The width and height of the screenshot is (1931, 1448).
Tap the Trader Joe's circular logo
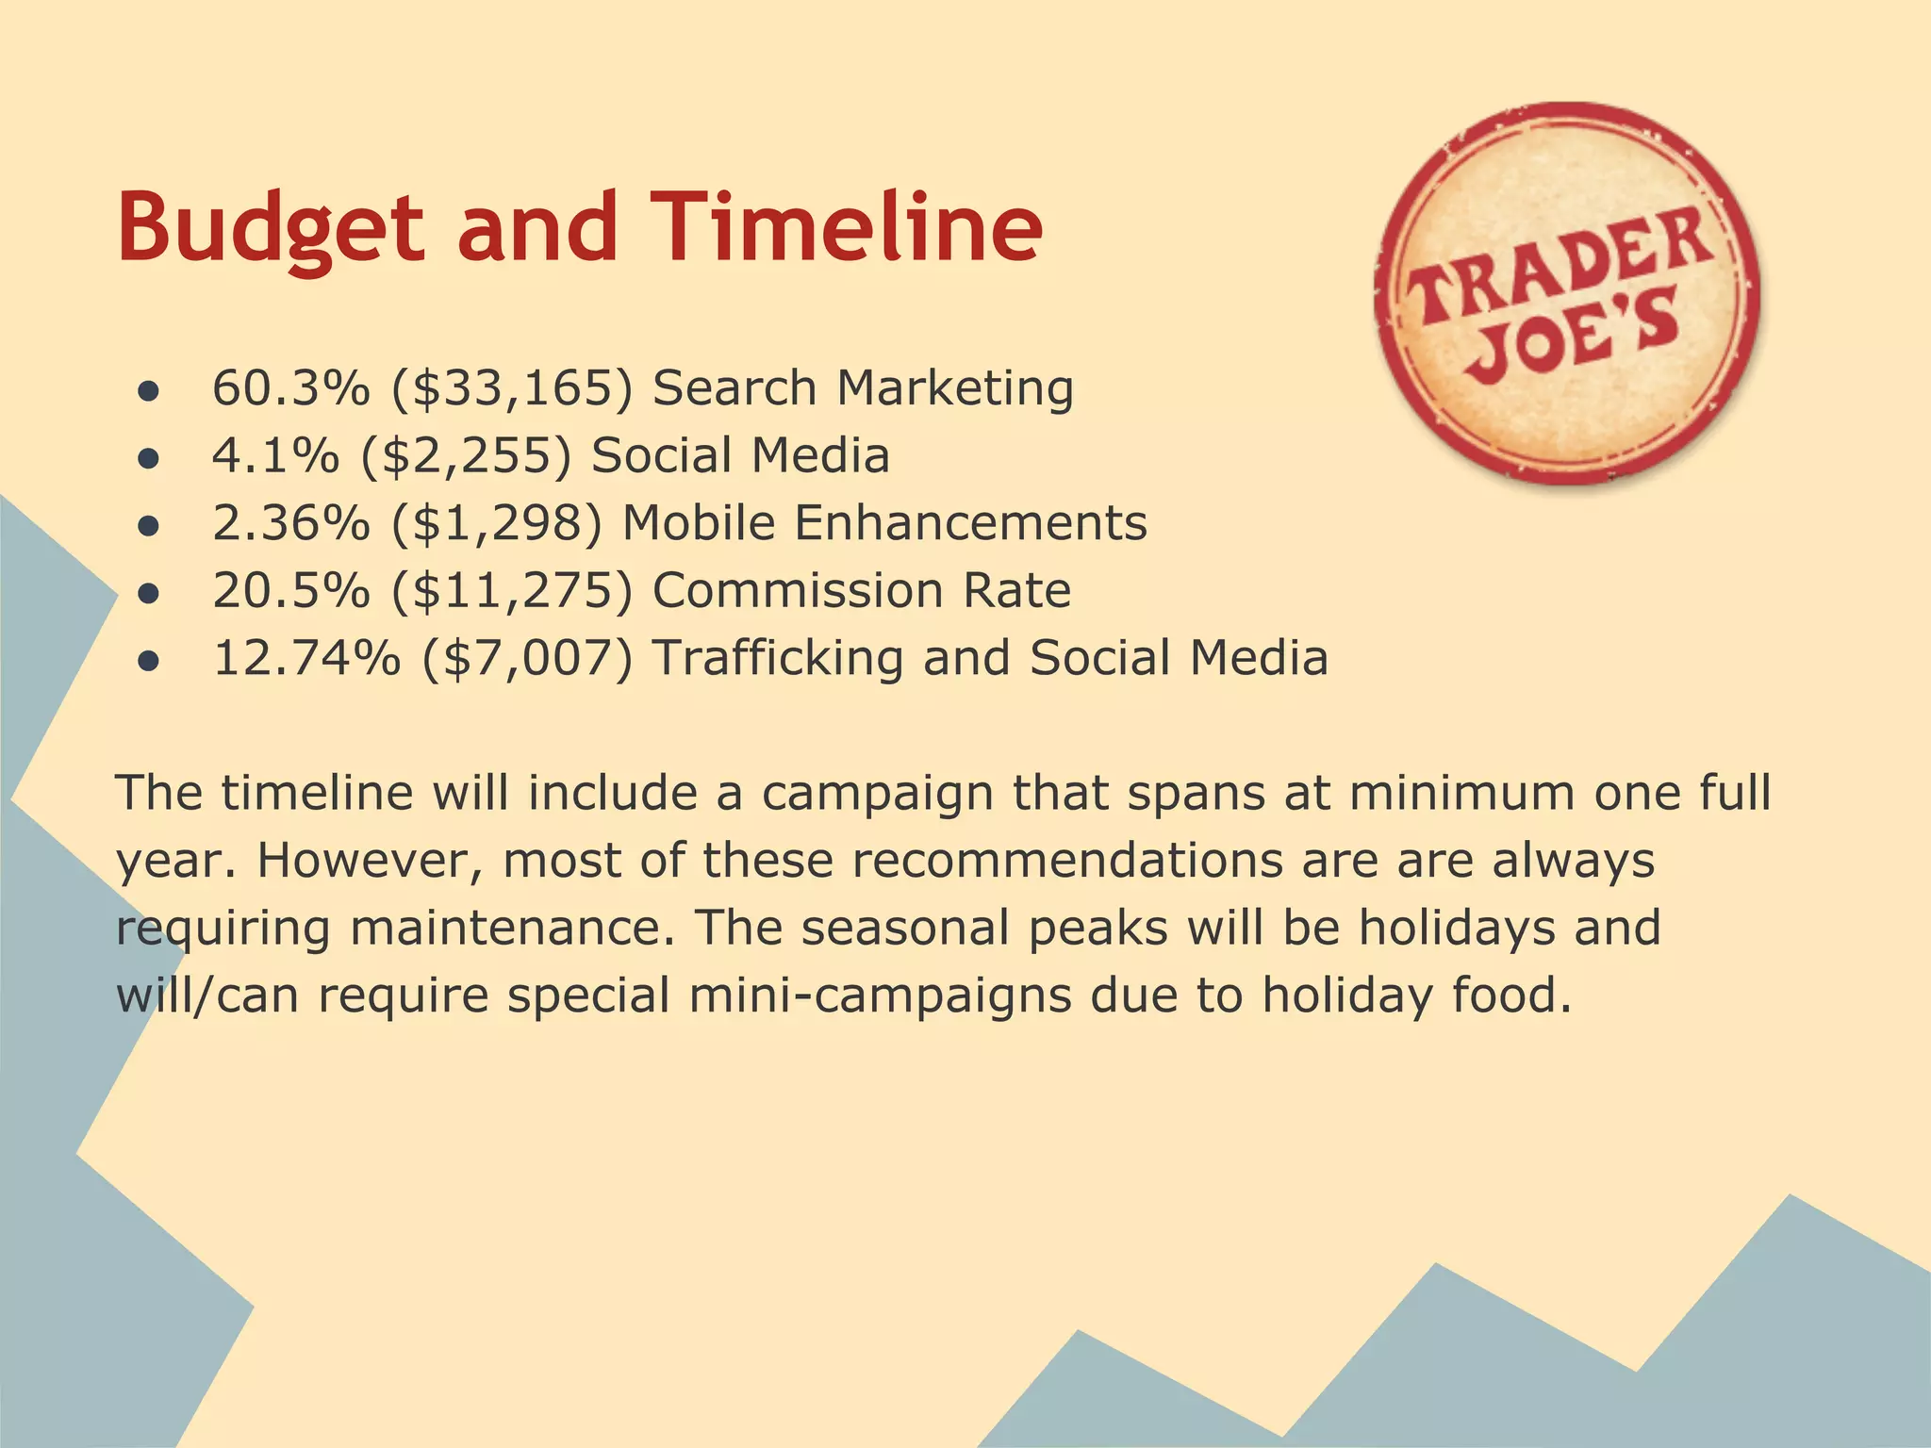coord(1566,294)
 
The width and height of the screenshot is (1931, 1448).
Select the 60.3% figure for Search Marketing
coord(290,387)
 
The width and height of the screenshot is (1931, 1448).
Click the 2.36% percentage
coord(290,523)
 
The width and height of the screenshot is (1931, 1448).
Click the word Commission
coord(798,591)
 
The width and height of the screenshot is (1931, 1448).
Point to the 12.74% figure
coord(305,658)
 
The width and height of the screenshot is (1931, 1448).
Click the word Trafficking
coord(777,658)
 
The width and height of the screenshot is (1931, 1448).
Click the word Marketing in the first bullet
coord(955,389)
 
